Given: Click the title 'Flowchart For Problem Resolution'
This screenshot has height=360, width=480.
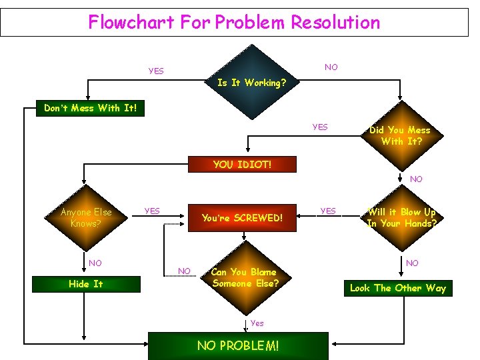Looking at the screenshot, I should [x=234, y=22].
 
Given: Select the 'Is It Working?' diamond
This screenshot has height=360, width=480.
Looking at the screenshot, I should [x=252, y=83].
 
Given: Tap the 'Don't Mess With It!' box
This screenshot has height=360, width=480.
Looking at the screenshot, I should [x=90, y=108].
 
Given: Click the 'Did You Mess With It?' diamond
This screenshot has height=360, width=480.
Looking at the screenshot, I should [x=400, y=135].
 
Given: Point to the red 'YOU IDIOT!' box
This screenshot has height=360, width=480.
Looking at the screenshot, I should [x=242, y=164].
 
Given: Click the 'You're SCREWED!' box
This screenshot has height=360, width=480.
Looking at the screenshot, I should [x=242, y=218].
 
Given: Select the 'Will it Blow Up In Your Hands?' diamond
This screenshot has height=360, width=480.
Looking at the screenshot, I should [x=401, y=218].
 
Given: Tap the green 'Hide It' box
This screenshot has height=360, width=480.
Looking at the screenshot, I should [x=86, y=284].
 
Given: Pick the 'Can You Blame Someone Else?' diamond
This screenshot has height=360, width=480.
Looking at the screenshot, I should [x=245, y=277].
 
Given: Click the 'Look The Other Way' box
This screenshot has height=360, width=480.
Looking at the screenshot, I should [x=398, y=288].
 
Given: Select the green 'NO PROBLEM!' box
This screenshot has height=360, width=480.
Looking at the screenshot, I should [x=238, y=345].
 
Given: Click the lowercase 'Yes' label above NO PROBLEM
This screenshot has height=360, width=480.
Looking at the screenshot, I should [x=257, y=323].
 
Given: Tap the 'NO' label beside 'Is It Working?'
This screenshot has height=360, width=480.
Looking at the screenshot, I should [x=331, y=67].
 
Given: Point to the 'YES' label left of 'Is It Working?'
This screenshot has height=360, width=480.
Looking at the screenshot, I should [x=156, y=71].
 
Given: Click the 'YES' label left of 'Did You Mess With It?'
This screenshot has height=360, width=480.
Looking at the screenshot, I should [x=320, y=127].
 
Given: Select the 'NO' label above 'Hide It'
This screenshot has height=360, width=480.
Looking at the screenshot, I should [x=95, y=263].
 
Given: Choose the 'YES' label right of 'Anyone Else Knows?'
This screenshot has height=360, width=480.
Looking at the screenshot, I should [x=152, y=211].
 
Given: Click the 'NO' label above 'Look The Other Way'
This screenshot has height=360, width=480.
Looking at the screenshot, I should [x=412, y=263].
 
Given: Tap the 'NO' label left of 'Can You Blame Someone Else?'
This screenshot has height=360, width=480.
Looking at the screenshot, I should [x=184, y=270].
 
